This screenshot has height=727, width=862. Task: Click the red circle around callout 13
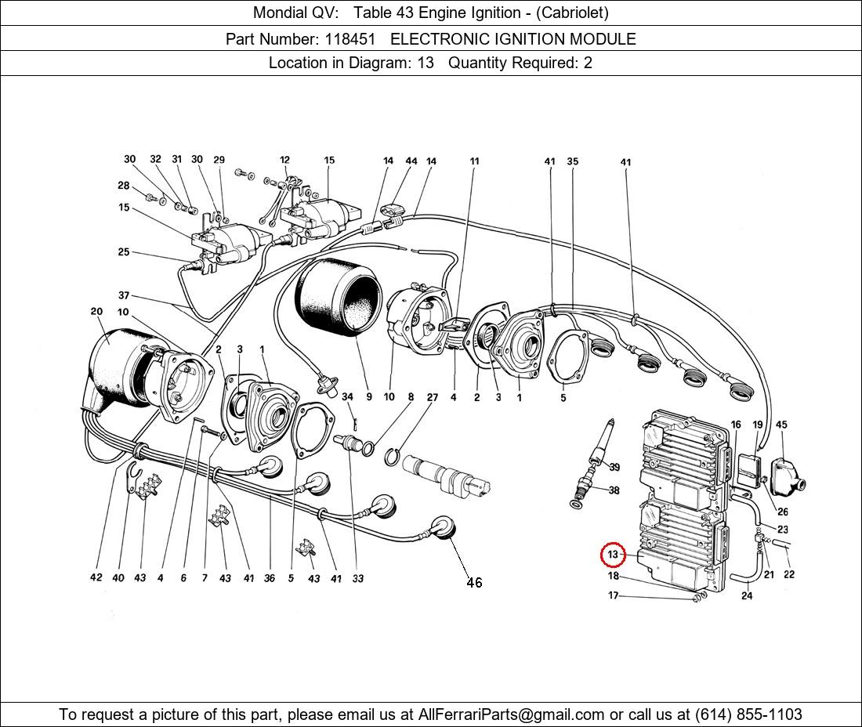tap(613, 555)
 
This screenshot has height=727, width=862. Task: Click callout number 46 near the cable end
tap(474, 582)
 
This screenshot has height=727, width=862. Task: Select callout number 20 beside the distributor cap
tap(96, 312)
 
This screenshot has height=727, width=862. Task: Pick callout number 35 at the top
tap(573, 162)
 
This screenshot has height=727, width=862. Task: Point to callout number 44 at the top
tap(411, 161)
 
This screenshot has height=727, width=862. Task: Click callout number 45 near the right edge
tap(781, 425)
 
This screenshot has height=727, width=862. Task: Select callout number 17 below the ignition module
tap(613, 595)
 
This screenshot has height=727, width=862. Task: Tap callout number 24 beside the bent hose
tap(747, 596)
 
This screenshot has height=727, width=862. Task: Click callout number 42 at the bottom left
tap(96, 578)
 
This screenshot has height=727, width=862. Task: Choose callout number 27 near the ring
tap(432, 397)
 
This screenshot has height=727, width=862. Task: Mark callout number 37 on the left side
tap(124, 295)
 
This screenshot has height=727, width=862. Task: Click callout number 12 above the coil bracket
tap(284, 161)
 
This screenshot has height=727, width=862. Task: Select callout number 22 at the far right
tap(789, 574)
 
